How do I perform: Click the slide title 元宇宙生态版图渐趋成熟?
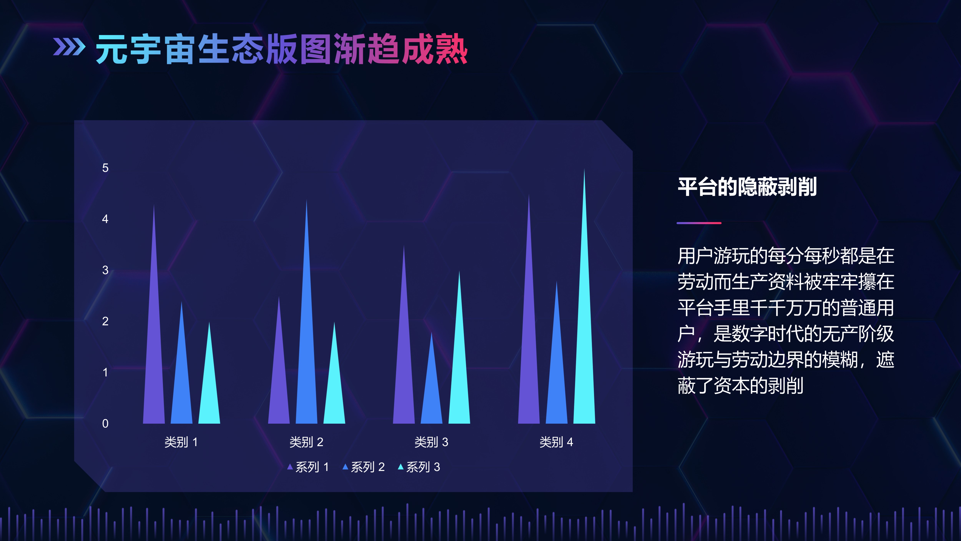[x=282, y=49]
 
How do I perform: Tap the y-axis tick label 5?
[x=105, y=168]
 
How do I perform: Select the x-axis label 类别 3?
[x=431, y=442]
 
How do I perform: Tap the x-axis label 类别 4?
[x=556, y=442]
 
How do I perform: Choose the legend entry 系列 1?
[x=308, y=467]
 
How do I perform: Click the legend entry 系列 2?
[x=364, y=467]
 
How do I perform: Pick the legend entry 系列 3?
[x=419, y=467]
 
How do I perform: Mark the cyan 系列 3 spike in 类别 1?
[x=209, y=385]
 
